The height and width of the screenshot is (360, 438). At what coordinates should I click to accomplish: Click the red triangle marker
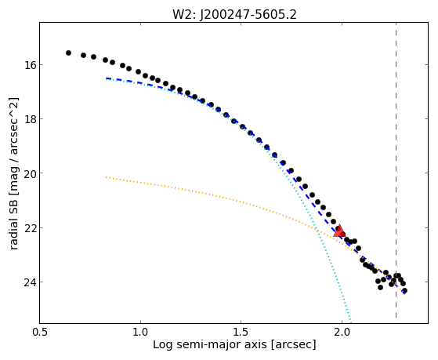(339, 231)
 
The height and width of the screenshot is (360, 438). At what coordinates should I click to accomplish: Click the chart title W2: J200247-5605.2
(234, 15)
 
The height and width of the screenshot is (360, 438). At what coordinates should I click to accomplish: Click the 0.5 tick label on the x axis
(40, 332)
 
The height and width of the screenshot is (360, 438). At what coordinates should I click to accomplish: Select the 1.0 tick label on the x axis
(140, 332)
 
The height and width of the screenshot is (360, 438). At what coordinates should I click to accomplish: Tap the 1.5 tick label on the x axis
(241, 332)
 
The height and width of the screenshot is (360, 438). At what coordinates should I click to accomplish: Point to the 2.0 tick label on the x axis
(342, 332)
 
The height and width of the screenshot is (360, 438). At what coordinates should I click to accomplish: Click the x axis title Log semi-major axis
(210, 345)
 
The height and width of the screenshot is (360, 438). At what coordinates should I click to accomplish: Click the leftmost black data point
(68, 53)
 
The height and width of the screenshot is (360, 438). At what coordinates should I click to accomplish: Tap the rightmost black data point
(404, 291)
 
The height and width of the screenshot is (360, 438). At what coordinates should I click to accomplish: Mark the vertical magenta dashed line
(396, 170)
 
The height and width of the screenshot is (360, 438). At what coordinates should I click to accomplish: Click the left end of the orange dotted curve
(106, 176)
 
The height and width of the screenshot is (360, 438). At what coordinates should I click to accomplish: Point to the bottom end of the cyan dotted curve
(351, 321)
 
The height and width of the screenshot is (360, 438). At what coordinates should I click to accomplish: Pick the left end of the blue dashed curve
(106, 78)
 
